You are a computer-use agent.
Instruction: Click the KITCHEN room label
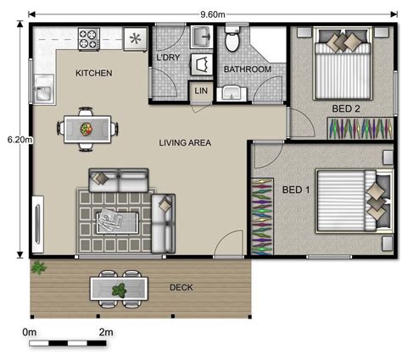(93, 74)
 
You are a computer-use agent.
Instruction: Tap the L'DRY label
(168, 58)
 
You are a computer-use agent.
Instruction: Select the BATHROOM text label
(247, 69)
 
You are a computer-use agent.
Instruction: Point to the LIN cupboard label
(201, 91)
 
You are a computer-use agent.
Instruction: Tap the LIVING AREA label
(184, 142)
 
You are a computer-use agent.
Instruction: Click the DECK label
(181, 288)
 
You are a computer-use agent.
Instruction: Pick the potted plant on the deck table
(120, 290)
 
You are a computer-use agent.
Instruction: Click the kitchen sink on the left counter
(42, 86)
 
